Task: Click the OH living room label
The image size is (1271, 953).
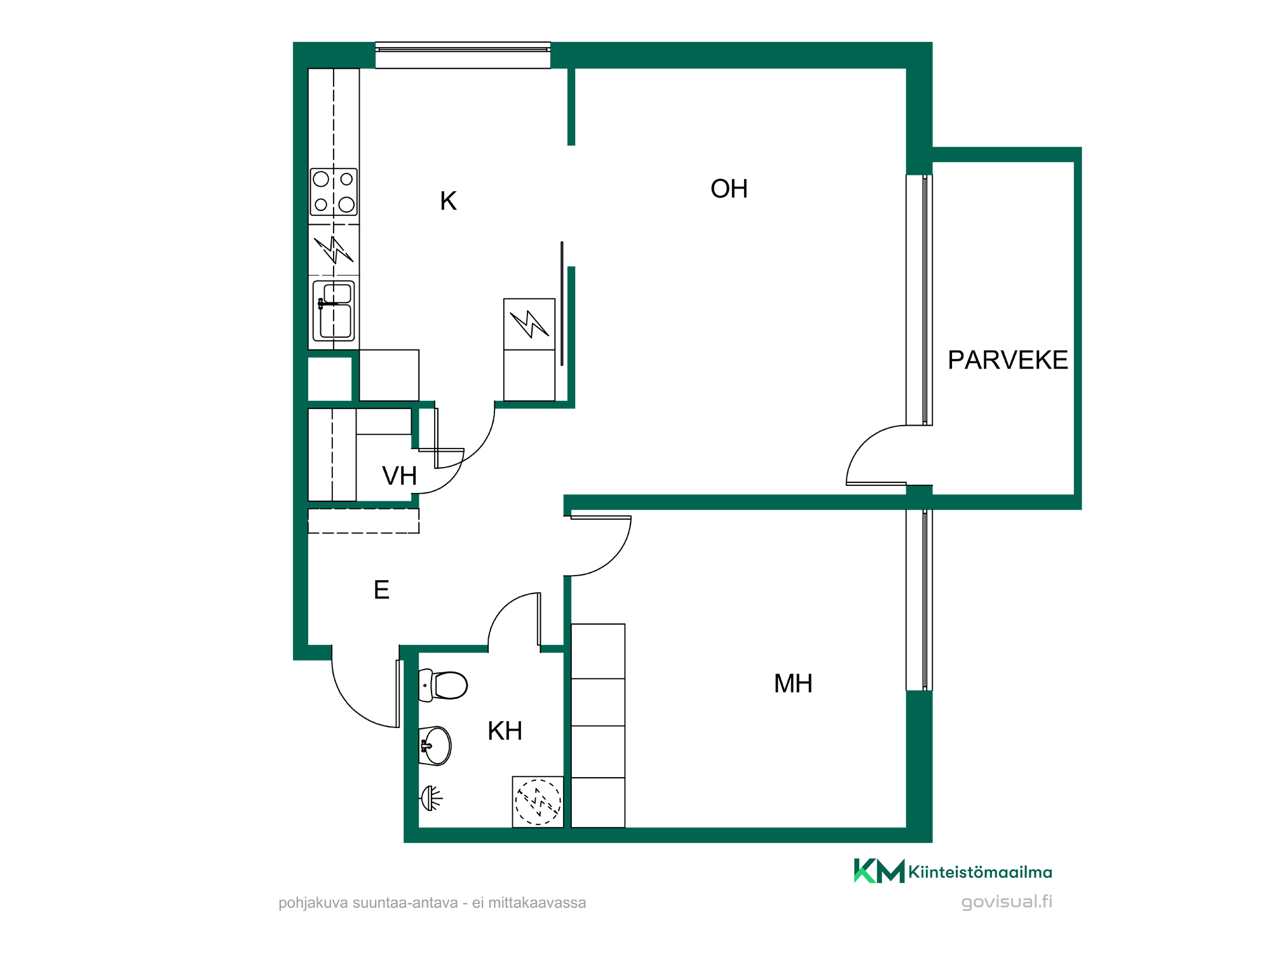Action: coord(729,189)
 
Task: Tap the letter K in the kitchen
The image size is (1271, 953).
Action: coord(448,201)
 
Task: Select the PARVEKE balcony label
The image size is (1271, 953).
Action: coord(1007,360)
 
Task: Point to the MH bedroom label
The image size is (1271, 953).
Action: coord(793,684)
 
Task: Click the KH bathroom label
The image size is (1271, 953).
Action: coord(505,731)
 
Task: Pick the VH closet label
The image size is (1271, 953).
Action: coord(399,476)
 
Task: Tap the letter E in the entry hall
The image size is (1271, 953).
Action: coord(381,590)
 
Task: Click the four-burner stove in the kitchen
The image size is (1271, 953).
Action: coord(334,192)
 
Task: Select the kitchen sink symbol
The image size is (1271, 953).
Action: coord(334,311)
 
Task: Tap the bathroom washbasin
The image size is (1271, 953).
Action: coord(435,746)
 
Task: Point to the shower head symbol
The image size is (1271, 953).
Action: coord(432,799)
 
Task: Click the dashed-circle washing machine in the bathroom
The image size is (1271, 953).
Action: coord(538,802)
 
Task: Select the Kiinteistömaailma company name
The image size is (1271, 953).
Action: coord(980,872)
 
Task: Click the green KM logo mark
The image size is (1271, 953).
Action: coord(879,871)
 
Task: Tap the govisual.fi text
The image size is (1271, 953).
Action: coord(1007,902)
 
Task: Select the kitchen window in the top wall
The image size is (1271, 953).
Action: coord(463,55)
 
